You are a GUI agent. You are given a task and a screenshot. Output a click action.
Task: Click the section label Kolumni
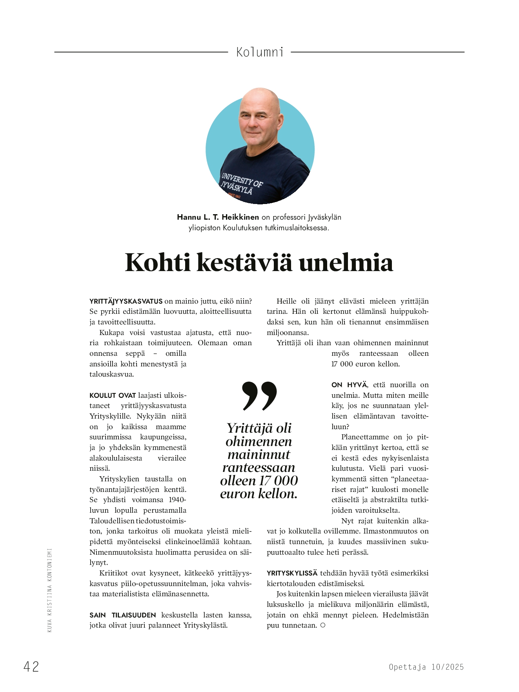pos(260,52)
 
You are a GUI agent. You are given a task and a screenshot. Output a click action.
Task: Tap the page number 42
pos(31,667)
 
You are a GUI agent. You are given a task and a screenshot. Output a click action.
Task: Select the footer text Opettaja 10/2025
pos(426,667)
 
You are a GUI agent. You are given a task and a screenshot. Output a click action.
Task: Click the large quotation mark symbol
pos(259,395)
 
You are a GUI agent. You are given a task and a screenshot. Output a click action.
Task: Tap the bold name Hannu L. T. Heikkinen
pos(218,217)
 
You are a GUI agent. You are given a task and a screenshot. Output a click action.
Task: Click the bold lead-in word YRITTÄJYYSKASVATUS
pos(126,301)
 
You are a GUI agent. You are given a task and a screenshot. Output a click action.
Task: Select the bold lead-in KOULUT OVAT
pos(113,395)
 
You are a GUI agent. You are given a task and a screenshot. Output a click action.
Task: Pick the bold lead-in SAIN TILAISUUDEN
pos(123,615)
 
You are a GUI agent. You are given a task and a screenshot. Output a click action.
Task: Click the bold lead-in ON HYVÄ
pos(350,385)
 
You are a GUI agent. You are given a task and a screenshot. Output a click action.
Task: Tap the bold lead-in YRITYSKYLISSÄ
pos(292,573)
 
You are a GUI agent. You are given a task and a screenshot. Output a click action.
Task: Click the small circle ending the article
pos(323,625)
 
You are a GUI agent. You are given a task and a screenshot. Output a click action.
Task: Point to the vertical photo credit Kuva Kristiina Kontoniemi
pos(49,590)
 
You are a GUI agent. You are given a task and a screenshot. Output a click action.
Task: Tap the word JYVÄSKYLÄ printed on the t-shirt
pos(236,188)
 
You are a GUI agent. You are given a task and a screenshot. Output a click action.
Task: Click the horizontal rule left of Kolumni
pos(141,52)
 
